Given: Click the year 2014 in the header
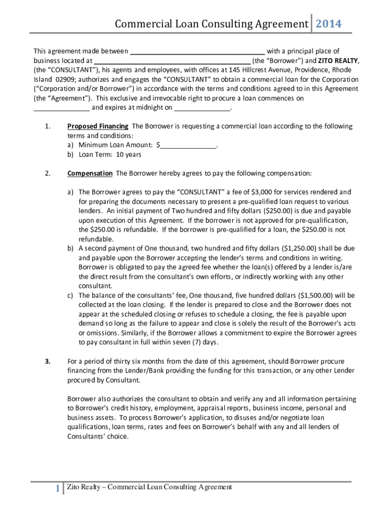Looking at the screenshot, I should [x=328, y=24].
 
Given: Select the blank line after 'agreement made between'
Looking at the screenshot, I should [x=197, y=51].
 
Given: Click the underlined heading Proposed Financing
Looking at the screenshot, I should [x=98, y=126].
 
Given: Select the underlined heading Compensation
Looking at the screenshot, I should [x=90, y=173].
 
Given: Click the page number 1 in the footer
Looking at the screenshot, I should [x=58, y=489].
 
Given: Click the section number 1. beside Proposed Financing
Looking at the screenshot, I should [x=48, y=126].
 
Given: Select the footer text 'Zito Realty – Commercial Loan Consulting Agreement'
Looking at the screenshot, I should [x=149, y=487].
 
